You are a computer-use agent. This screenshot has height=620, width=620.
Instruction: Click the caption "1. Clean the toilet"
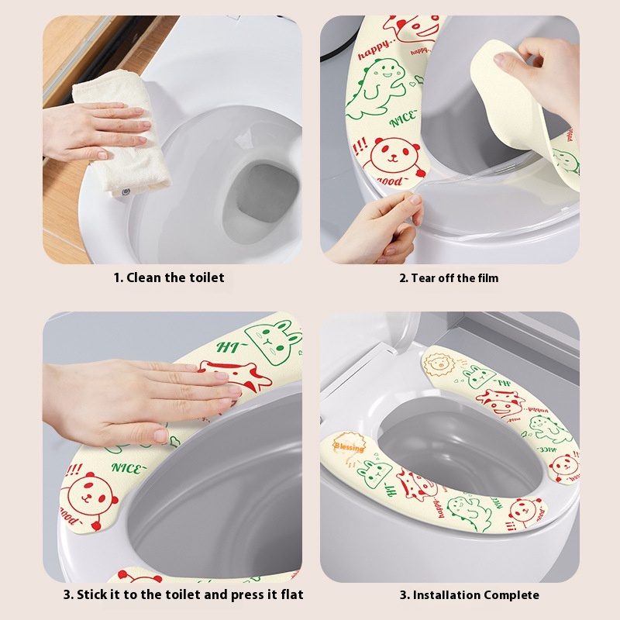tap(169, 277)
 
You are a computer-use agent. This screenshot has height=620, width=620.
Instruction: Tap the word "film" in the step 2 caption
tap(485, 277)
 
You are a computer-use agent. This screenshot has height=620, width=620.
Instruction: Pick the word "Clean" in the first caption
tap(143, 277)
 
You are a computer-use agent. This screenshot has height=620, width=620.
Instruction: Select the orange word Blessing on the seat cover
tap(349, 447)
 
